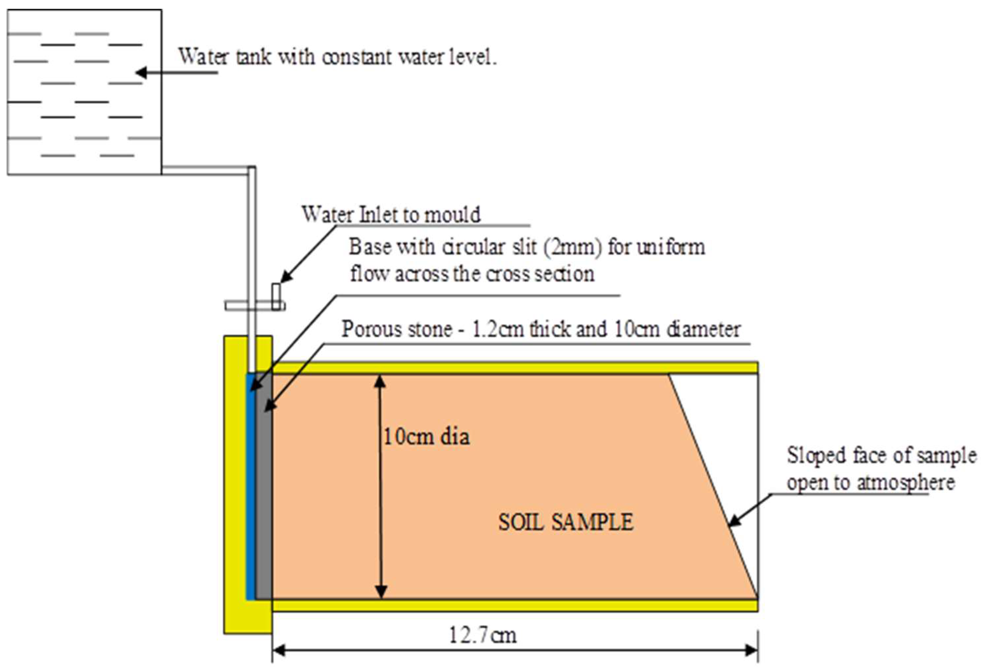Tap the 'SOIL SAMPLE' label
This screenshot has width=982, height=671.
(x=565, y=522)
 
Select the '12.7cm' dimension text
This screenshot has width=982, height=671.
(x=482, y=635)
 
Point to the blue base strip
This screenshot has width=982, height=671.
(x=251, y=486)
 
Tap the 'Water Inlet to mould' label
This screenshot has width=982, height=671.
(x=391, y=215)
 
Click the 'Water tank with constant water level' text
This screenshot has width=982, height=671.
(x=337, y=57)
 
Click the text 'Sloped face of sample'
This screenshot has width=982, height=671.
(x=881, y=455)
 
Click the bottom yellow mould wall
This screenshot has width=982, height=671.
(x=507, y=605)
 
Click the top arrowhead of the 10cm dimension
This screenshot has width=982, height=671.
(x=380, y=381)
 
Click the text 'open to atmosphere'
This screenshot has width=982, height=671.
(x=870, y=483)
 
